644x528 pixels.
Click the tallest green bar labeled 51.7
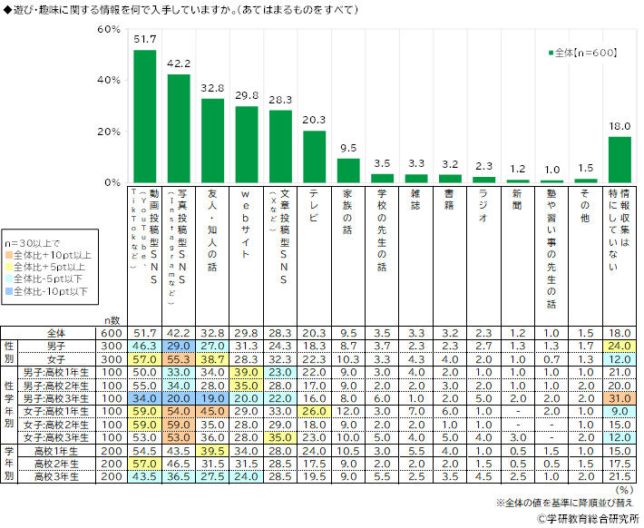click(144, 116)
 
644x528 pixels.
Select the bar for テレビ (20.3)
click(314, 157)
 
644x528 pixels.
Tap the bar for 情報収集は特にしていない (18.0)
click(620, 160)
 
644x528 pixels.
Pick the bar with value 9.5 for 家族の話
click(347, 171)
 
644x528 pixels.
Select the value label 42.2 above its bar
click(179, 64)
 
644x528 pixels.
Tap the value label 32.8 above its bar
click(212, 89)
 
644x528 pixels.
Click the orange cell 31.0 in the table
click(620, 397)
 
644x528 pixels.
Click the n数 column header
click(111, 320)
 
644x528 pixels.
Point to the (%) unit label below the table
click(624, 487)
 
